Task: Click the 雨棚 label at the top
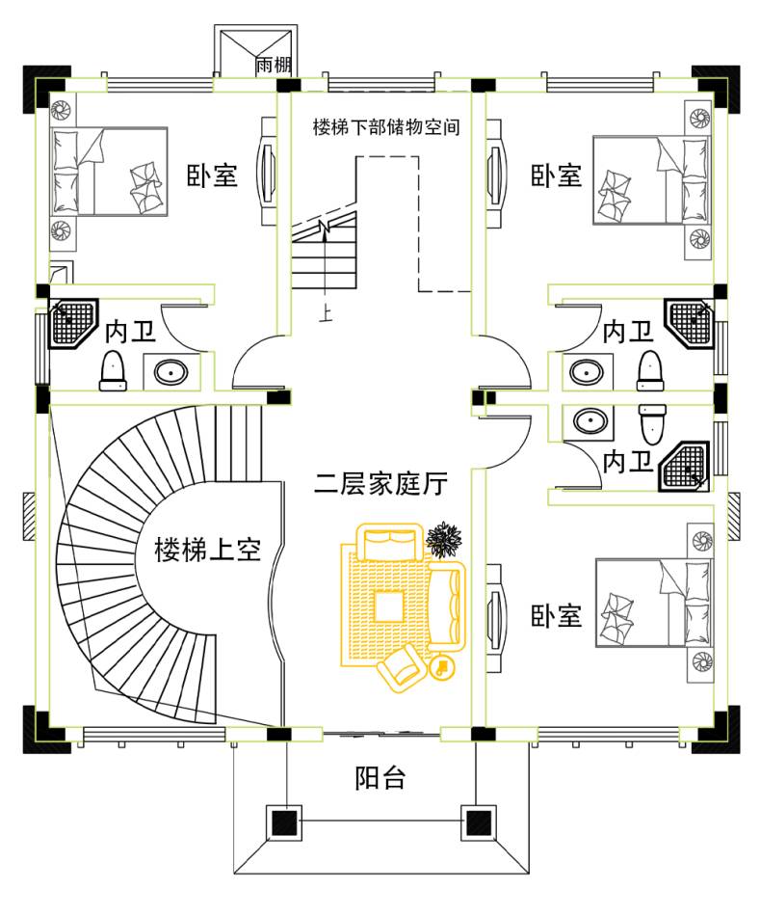pos(275,66)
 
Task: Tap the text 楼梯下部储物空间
pos(384,127)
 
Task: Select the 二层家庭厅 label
pos(380,483)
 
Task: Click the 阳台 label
pos(380,778)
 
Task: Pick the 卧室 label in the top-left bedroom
pos(212,176)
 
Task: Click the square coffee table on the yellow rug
pos(390,606)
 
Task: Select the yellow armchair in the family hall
pos(402,666)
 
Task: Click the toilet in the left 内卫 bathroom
pos(113,371)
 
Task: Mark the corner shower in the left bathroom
pos(73,324)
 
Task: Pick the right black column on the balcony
pos(478,823)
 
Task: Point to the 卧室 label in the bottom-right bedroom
pos(557,615)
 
